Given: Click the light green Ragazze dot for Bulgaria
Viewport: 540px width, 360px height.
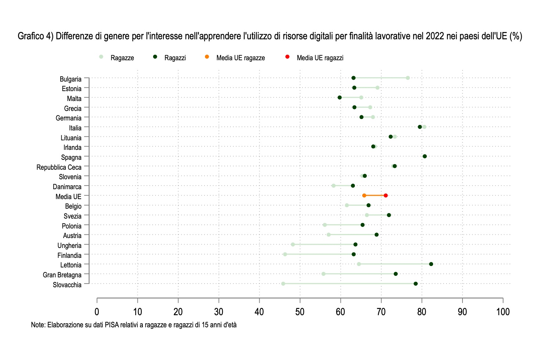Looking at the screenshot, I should click(x=408, y=78).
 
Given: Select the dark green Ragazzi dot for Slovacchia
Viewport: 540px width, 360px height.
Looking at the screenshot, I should click(x=415, y=284).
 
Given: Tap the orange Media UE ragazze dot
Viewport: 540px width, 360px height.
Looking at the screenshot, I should click(x=364, y=195).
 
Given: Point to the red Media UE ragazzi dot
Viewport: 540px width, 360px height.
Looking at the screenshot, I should click(x=386, y=195).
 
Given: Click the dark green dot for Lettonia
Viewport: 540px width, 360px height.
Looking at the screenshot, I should click(x=431, y=264).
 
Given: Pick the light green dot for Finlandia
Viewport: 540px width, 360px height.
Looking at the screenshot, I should click(x=285, y=254).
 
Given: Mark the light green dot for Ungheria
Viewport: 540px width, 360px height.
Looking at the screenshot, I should click(x=293, y=244).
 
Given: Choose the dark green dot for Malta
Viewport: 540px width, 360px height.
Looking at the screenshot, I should click(x=339, y=97).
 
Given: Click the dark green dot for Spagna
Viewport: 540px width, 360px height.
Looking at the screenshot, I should click(x=425, y=156).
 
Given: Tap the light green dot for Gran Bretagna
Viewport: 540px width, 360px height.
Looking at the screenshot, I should click(x=323, y=274).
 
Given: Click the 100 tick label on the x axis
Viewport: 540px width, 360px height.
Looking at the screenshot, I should click(x=503, y=312).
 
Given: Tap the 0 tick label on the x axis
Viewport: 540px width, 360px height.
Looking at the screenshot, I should click(x=97, y=312).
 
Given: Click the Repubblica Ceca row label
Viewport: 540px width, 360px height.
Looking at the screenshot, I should click(x=59, y=167).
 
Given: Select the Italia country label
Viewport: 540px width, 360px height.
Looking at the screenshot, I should click(x=75, y=128).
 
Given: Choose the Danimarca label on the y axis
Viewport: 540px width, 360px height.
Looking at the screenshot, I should click(x=67, y=187).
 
